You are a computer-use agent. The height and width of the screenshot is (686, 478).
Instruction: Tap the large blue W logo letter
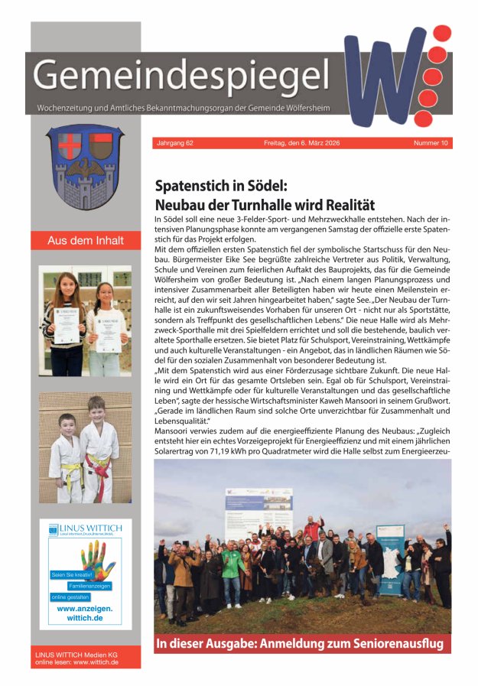[x=382, y=76]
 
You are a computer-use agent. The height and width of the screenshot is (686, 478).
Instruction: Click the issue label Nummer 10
[x=431, y=143]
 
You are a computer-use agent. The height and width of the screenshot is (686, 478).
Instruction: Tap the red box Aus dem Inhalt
[x=85, y=240]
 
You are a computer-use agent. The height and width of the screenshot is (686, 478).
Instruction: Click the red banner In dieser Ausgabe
[x=299, y=643]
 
